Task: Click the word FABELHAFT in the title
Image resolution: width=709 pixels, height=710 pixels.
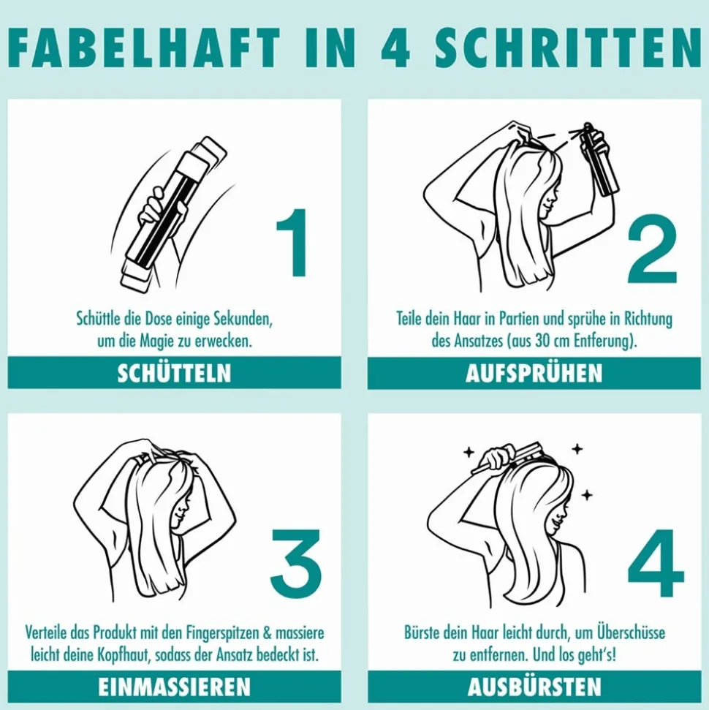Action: tap(144, 48)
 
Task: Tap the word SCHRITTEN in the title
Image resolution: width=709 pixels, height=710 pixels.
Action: tap(568, 48)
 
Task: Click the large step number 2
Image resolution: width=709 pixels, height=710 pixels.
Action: tap(652, 249)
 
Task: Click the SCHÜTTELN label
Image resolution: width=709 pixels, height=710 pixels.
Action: tap(174, 374)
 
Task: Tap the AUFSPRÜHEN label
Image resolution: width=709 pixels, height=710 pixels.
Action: tap(534, 374)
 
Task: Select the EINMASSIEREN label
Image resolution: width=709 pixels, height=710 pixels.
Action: tap(174, 687)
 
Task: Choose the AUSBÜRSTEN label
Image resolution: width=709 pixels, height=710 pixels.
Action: tap(534, 687)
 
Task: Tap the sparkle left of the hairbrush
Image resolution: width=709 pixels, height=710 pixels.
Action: tap(469, 452)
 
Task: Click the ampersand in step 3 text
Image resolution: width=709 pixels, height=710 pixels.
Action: tap(266, 633)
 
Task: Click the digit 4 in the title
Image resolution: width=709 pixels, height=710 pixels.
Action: tap(395, 48)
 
